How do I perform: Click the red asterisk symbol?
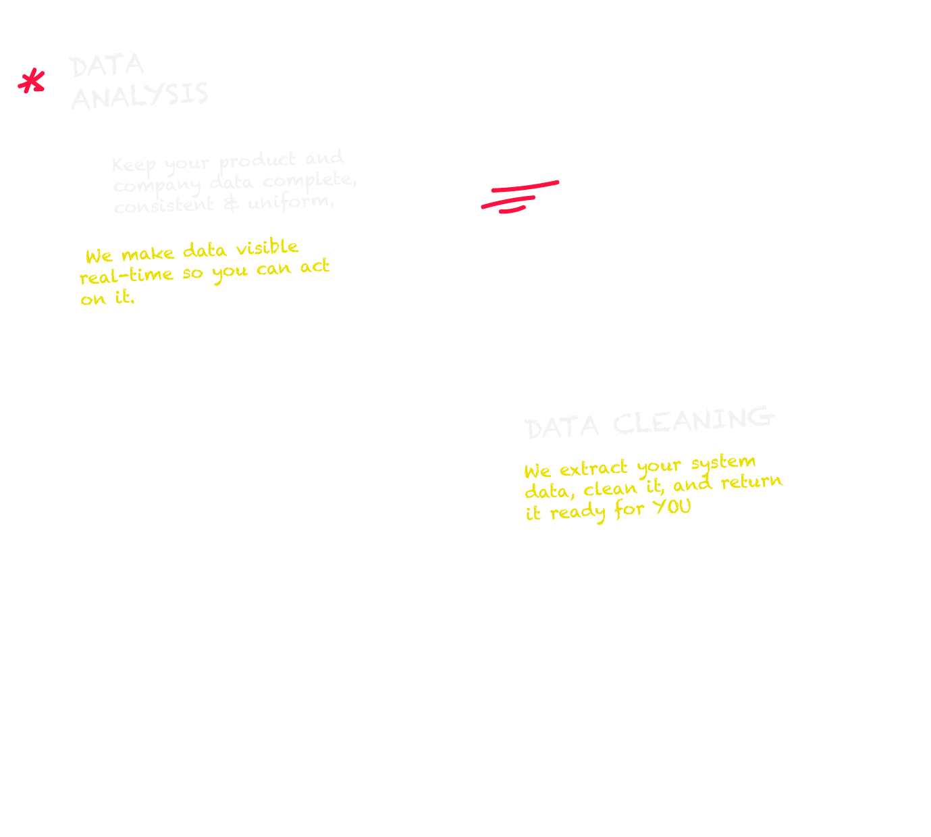pyautogui.click(x=31, y=82)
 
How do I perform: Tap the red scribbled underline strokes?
pyautogui.click(x=518, y=196)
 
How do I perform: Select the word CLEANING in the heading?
pyautogui.click(x=693, y=421)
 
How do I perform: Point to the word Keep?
pyautogui.click(x=134, y=165)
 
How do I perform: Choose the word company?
pyautogui.click(x=157, y=185)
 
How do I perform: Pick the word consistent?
pyautogui.click(x=163, y=205)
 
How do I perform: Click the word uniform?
pyautogui.click(x=290, y=201)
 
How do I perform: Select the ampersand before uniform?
pyautogui.click(x=231, y=203)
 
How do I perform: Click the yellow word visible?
pyautogui.click(x=267, y=248)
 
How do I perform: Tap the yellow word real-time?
pyautogui.click(x=126, y=276)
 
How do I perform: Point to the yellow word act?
pyautogui.click(x=315, y=266)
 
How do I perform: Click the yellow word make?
pyautogui.click(x=148, y=254)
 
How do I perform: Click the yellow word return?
pyautogui.click(x=751, y=482)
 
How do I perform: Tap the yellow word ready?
pyautogui.click(x=577, y=513)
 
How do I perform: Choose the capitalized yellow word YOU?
pyautogui.click(x=672, y=507)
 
